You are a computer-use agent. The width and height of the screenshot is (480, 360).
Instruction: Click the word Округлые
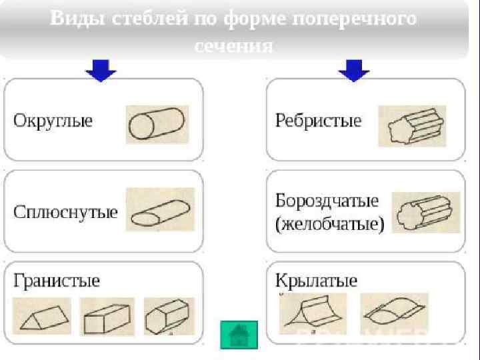tap(53, 121)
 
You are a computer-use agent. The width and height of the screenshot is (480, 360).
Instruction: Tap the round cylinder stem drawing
tap(157, 124)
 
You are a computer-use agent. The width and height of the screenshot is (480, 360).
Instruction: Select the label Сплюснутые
tap(65, 213)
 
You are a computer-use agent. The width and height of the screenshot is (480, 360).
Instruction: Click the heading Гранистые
tap(57, 280)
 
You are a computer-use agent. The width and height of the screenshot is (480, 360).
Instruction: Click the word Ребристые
tap(318, 121)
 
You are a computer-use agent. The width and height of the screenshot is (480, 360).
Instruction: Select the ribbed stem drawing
tap(411, 125)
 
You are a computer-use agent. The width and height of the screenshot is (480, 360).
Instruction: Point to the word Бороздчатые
tap(327, 201)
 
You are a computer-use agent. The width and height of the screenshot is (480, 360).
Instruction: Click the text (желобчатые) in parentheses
tap(329, 224)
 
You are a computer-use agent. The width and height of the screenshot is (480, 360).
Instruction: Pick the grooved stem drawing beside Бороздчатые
tap(425, 213)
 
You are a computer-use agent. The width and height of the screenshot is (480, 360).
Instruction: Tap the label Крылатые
tap(316, 280)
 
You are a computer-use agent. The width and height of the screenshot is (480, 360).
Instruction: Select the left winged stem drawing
tap(311, 312)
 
